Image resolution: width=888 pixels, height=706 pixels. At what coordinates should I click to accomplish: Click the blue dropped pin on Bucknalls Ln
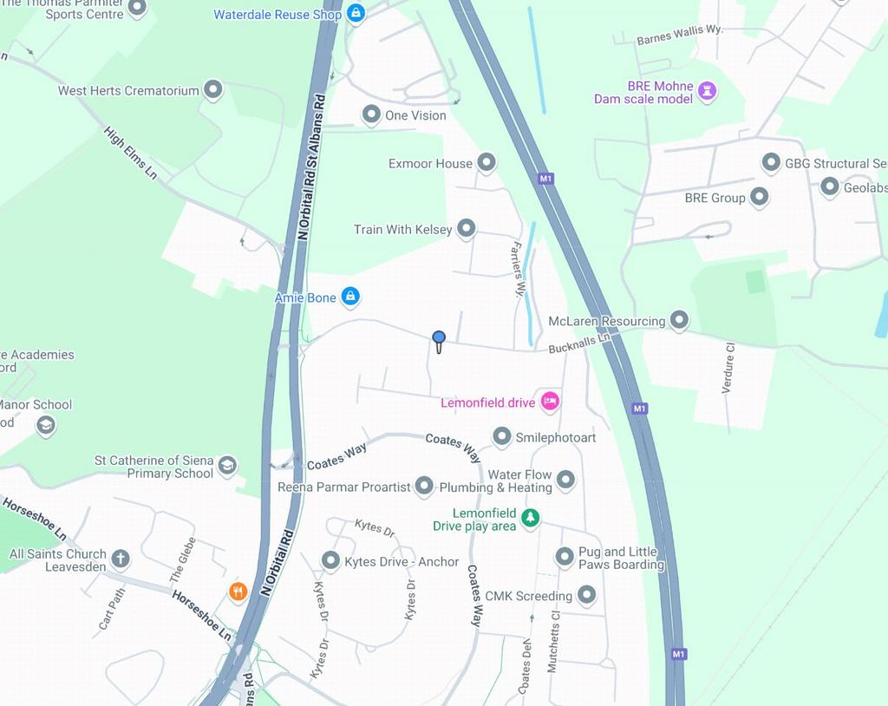[x=439, y=339]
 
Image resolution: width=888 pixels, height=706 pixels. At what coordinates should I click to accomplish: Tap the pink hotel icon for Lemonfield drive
[x=550, y=401]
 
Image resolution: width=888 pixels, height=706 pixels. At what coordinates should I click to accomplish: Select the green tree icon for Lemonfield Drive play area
[x=530, y=518]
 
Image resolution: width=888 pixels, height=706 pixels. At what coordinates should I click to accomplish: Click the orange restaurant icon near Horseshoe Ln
[x=238, y=592]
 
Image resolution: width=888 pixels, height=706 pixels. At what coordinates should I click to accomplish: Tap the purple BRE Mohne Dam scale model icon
[x=708, y=90]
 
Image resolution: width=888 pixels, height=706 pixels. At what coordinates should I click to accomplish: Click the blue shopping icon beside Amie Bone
[x=349, y=297]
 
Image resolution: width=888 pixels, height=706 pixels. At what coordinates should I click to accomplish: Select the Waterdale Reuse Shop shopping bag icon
[x=356, y=13]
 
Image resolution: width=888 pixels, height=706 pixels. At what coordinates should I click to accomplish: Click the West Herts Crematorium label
[x=128, y=91]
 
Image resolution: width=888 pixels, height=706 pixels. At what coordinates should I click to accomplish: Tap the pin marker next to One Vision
[x=371, y=114]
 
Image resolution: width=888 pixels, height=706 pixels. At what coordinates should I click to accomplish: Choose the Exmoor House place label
[x=430, y=163]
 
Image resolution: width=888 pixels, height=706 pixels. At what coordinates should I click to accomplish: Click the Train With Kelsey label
[x=402, y=230]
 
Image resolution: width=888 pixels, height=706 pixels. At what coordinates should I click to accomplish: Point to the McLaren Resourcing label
[x=606, y=322]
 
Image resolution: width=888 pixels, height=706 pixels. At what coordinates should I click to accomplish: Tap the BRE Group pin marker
[x=760, y=197]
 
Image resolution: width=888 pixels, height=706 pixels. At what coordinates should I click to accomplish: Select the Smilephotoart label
[x=556, y=438]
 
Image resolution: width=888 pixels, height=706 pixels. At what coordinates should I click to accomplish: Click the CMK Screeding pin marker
[x=586, y=595]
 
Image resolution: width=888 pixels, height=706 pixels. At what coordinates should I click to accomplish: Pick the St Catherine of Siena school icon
[x=227, y=465]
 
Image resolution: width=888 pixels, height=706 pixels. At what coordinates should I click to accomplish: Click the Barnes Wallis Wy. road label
[x=679, y=35]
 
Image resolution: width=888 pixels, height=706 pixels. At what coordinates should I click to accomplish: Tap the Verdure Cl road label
[x=729, y=368]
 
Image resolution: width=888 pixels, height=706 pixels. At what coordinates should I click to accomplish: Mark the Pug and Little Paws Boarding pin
[x=565, y=556]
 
